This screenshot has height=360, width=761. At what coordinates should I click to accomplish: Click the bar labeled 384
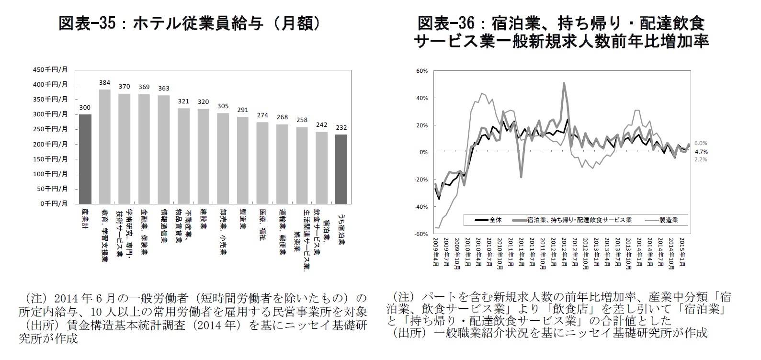tap(104, 146)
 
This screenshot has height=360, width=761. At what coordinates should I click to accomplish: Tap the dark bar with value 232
tap(341, 169)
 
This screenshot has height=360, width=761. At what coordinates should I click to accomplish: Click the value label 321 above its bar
tap(183, 101)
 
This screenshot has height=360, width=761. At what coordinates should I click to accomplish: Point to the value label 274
tap(262, 115)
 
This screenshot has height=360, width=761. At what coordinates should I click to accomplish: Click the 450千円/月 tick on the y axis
tap(50, 69)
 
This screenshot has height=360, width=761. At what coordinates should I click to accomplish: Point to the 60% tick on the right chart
tap(422, 71)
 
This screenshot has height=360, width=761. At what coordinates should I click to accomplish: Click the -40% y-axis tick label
tap(421, 207)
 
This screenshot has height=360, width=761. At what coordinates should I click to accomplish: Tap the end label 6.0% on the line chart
tap(700, 143)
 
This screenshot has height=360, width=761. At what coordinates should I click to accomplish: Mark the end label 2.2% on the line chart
tap(700, 159)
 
